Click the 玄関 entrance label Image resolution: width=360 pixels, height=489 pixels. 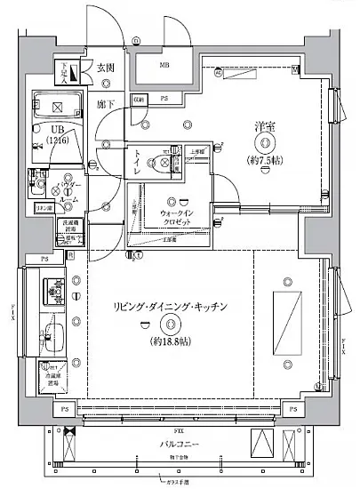click(x=106, y=68)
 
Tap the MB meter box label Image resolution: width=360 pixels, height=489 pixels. click(x=164, y=66)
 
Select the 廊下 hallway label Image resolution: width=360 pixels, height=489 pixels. click(x=103, y=104)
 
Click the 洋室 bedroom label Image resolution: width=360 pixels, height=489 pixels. click(x=264, y=127)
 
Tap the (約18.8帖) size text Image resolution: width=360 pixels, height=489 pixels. click(x=172, y=341)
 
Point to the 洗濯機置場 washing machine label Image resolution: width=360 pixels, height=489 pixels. click(x=68, y=228)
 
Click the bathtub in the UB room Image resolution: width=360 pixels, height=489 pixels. click(x=58, y=107)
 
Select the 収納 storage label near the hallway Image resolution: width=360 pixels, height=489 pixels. click(x=140, y=100)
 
